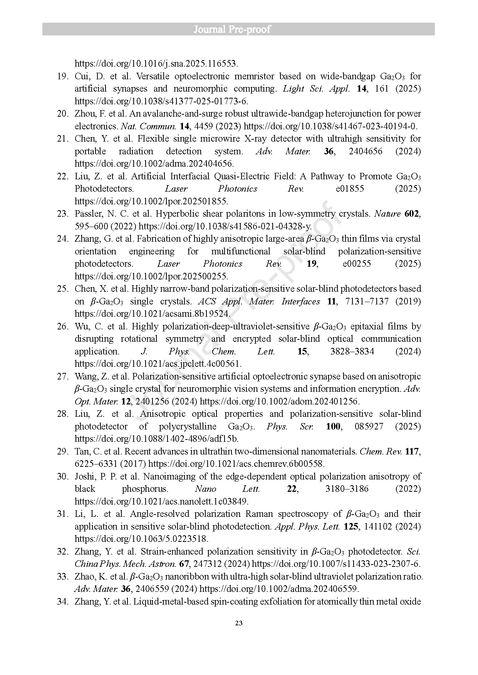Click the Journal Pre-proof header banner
pos(238,29)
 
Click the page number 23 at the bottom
pos(238,623)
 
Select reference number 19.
pos(62,76)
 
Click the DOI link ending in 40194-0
pos(331,126)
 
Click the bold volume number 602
pos(411,214)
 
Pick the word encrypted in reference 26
pos(252,339)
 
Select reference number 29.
pos(62,451)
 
